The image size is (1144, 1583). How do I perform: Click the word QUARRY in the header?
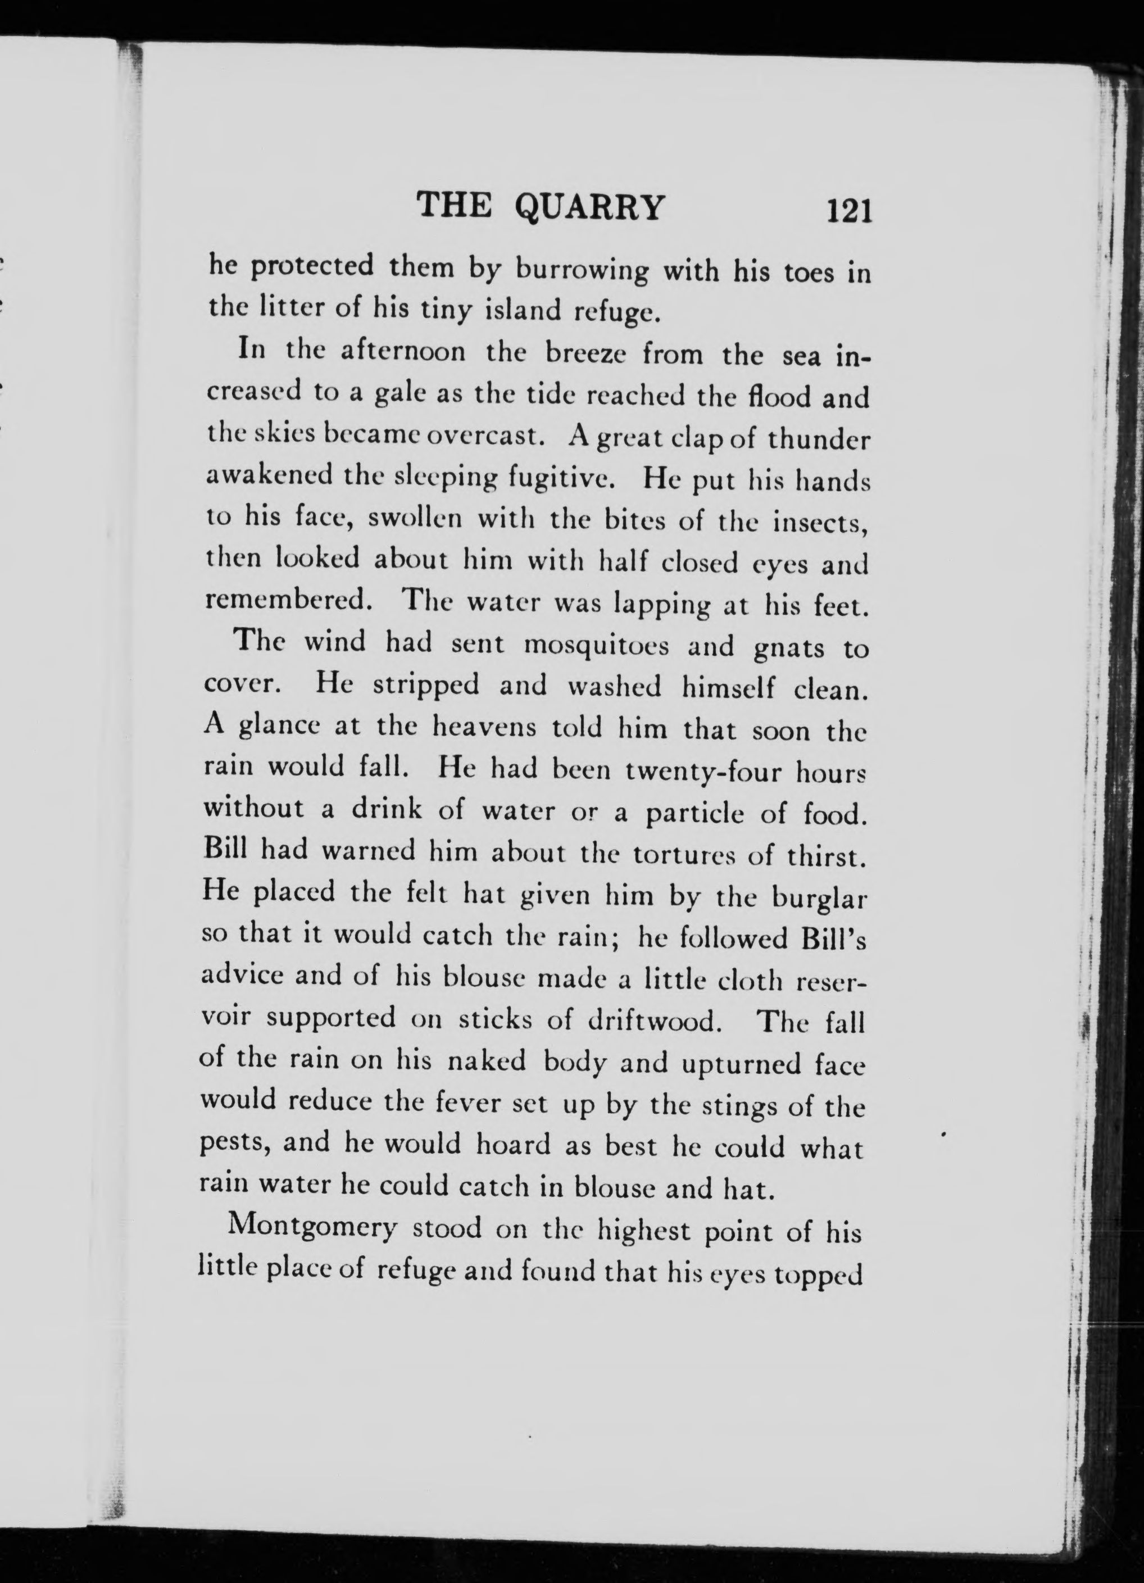click(x=590, y=207)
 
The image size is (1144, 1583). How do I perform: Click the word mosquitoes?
click(x=596, y=646)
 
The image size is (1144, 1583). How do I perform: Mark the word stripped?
click(x=426, y=686)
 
